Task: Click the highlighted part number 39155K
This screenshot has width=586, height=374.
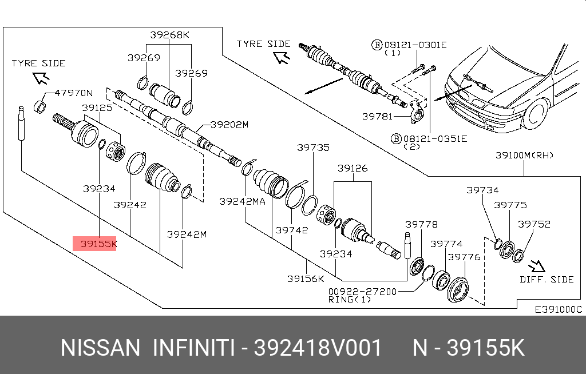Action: [x=98, y=244]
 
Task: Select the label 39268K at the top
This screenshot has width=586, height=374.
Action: [x=169, y=35]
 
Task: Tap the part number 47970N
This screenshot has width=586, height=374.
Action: [x=74, y=93]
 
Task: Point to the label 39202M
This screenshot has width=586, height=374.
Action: [x=229, y=125]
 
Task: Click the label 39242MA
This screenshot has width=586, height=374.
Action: [x=242, y=201]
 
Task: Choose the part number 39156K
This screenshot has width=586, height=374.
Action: [x=306, y=278]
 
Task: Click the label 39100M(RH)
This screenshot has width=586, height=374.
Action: [x=524, y=155]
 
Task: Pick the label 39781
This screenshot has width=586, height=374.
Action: [x=378, y=116]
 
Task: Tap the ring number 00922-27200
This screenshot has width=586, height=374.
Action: [x=362, y=291]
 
